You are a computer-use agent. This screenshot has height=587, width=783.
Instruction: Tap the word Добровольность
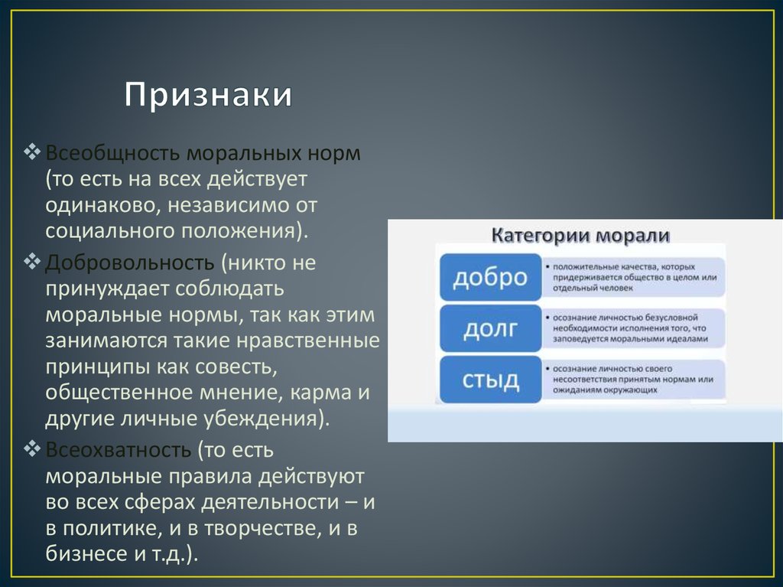(x=129, y=263)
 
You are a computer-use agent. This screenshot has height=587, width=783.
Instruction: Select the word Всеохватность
(x=117, y=448)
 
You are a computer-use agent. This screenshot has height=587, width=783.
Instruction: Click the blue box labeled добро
(x=490, y=278)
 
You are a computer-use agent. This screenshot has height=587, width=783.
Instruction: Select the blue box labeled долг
(x=490, y=329)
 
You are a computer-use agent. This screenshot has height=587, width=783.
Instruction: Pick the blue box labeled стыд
(x=490, y=380)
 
